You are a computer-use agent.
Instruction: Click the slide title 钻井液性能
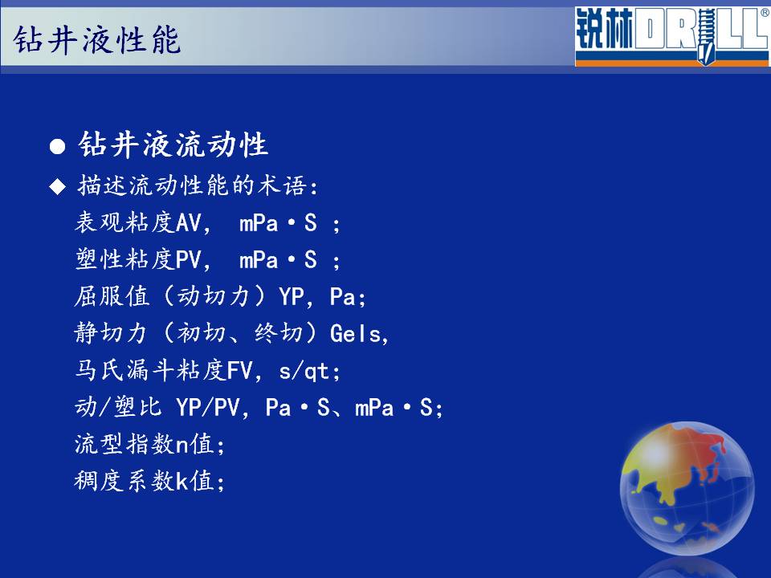[97, 40]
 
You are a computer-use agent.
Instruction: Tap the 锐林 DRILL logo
[671, 36]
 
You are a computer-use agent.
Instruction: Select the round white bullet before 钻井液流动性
[58, 146]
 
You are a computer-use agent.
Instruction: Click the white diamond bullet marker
[58, 186]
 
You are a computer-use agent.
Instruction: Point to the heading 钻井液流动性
[173, 144]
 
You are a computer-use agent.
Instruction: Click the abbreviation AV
[189, 222]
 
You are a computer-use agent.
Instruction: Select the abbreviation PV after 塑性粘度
[189, 259]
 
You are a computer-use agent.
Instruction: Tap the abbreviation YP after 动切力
[291, 296]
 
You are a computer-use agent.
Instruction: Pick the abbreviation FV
[240, 371]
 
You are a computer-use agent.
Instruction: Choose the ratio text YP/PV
[208, 408]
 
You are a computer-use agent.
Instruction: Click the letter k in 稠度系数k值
[182, 481]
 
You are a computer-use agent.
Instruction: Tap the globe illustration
[687, 489]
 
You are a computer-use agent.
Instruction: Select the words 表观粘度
[125, 222]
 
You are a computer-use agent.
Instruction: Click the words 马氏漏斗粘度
[151, 370]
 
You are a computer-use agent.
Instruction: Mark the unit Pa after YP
[342, 296]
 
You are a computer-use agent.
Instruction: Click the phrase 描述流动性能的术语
[193, 185]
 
